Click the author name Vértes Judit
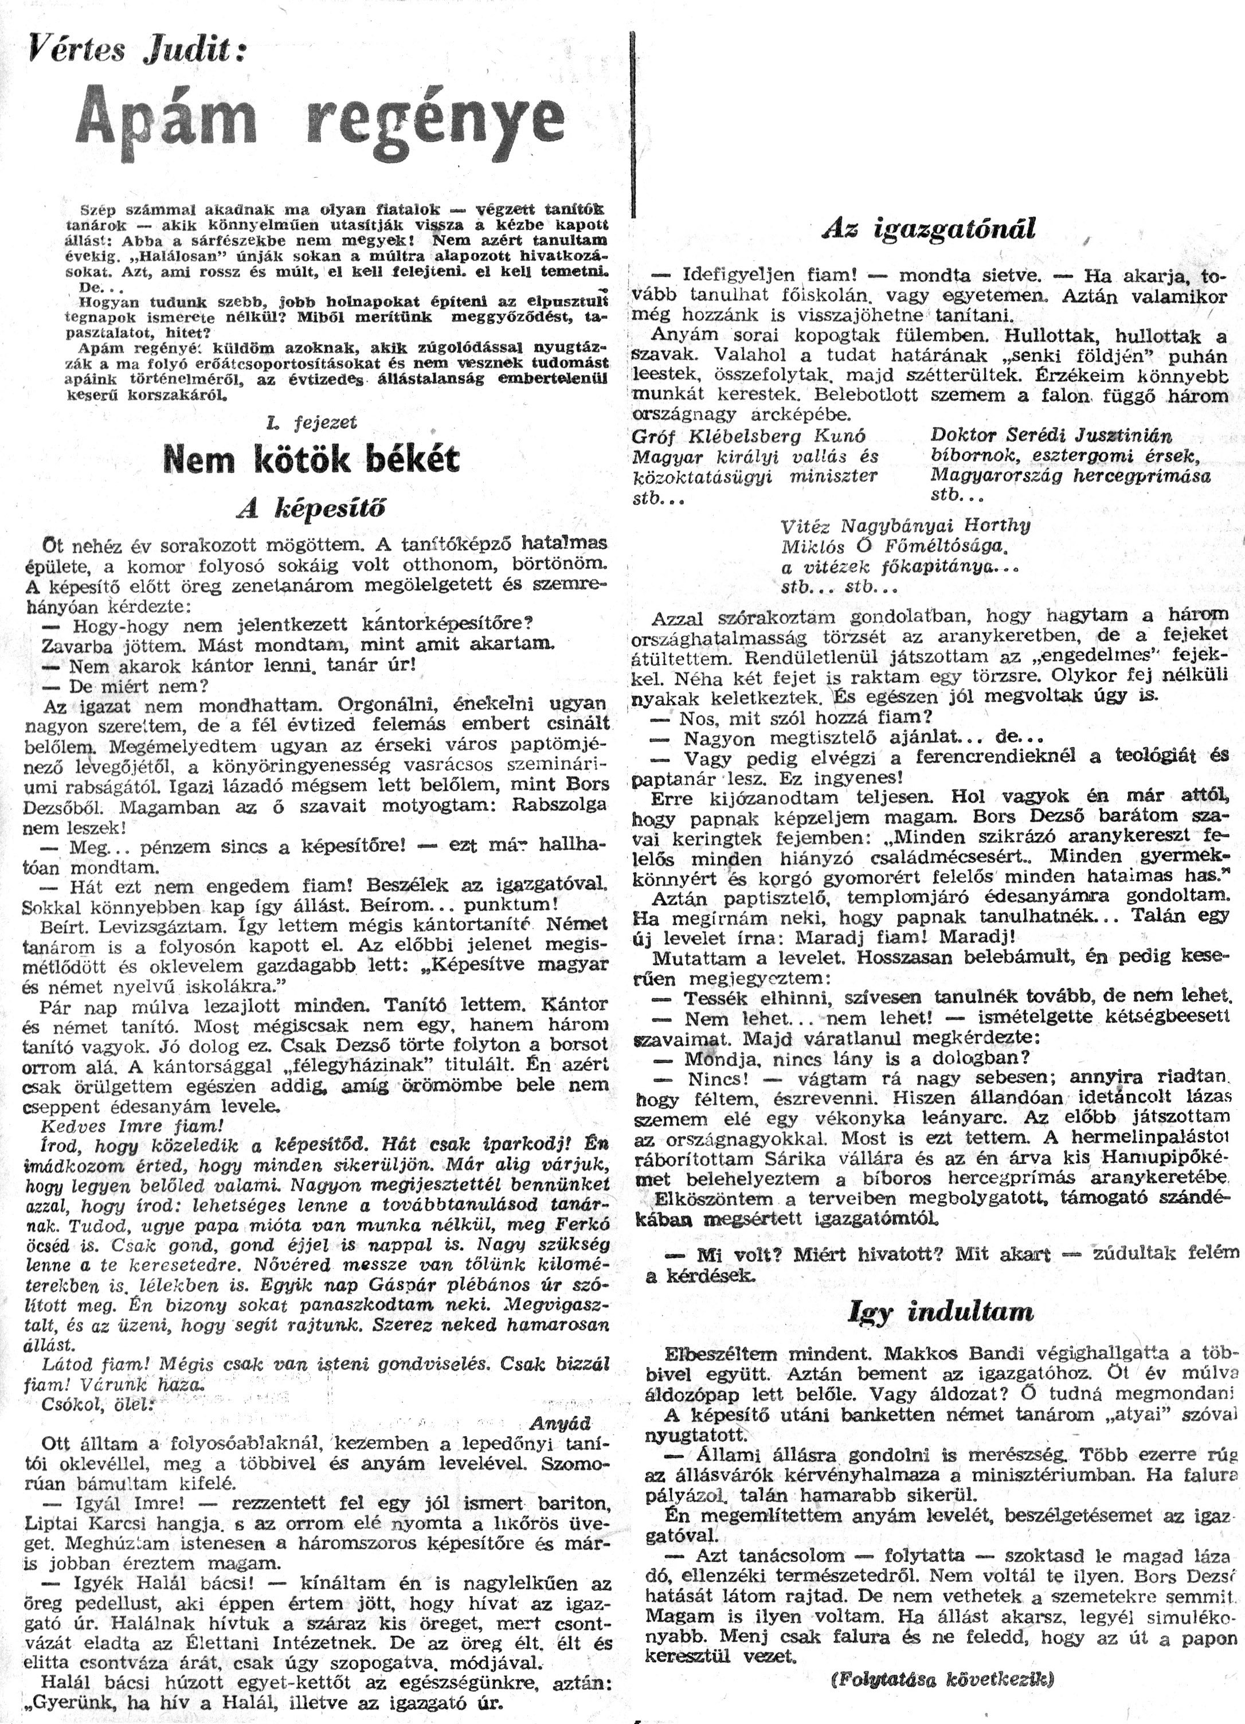click(x=138, y=51)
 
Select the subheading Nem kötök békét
click(x=312, y=460)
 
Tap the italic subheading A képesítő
click(x=312, y=509)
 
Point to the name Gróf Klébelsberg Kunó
click(x=749, y=436)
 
